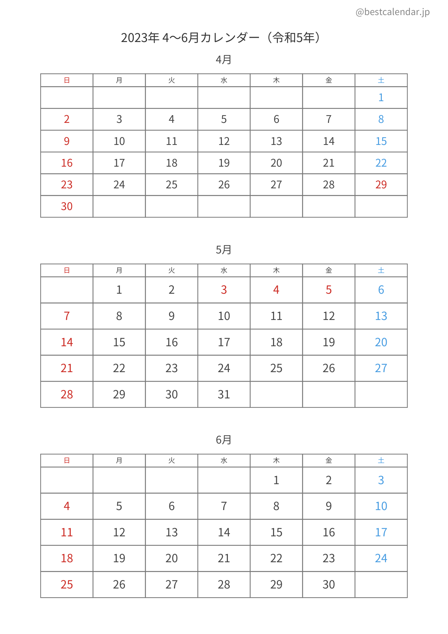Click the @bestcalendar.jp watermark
(x=392, y=12)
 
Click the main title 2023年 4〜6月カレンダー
(x=220, y=37)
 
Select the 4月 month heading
(x=224, y=60)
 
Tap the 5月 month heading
(x=224, y=250)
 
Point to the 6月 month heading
(x=224, y=440)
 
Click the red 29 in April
(x=381, y=184)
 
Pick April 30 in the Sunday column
(x=66, y=206)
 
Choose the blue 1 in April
(x=381, y=97)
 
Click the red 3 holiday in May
(x=224, y=290)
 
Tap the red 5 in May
(x=328, y=290)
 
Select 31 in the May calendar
(x=224, y=395)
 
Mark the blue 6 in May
(x=381, y=290)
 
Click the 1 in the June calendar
(x=276, y=480)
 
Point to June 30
(x=328, y=584)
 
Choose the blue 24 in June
(x=381, y=558)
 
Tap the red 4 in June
(x=66, y=506)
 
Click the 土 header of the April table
(x=381, y=80)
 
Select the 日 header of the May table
(x=66, y=270)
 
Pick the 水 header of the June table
(x=224, y=460)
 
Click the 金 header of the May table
(x=328, y=270)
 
